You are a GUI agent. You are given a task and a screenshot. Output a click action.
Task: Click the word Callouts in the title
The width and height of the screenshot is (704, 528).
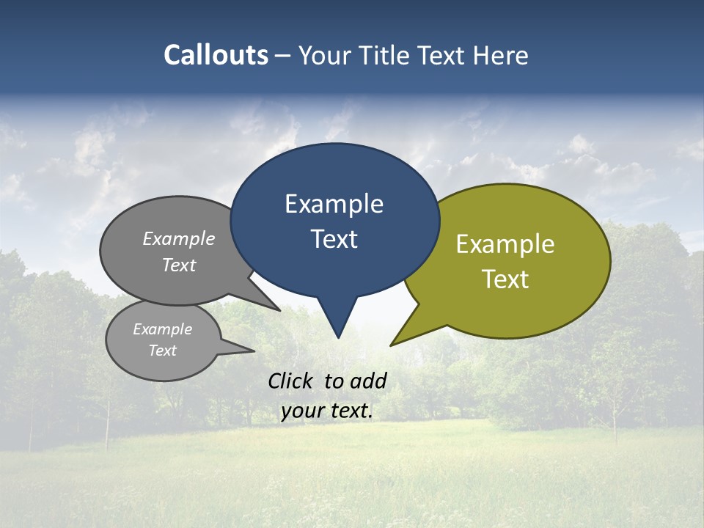(216, 55)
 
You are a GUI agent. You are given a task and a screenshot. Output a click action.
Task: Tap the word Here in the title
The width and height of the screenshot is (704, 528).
(501, 55)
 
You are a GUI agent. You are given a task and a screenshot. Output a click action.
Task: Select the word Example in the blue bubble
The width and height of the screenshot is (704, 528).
(334, 204)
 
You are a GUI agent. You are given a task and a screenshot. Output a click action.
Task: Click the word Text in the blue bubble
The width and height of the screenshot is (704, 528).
(334, 239)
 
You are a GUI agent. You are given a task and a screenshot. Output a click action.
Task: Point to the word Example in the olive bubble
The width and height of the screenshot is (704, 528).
(505, 244)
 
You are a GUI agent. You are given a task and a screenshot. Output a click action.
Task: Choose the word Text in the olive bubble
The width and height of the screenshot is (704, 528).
(505, 279)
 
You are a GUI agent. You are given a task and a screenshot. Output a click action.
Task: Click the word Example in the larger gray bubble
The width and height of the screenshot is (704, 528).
(179, 238)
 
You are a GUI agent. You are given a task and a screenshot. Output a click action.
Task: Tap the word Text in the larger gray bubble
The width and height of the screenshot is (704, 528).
(179, 265)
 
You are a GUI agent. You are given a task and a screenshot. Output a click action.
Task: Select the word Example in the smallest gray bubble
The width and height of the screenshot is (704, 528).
(162, 329)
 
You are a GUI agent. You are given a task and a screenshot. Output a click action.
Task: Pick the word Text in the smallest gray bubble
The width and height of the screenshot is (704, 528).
(162, 351)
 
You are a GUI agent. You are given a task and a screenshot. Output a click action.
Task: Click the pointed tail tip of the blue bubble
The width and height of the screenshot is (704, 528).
(338, 337)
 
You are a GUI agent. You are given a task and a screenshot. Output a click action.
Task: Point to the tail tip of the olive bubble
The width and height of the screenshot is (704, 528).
(391, 345)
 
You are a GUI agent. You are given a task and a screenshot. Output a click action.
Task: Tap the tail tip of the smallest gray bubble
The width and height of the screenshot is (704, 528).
(254, 351)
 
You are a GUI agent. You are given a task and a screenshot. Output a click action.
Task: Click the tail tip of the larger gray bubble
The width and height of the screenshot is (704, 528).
(279, 311)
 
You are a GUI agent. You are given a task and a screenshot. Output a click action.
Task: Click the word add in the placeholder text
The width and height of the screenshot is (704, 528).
(369, 381)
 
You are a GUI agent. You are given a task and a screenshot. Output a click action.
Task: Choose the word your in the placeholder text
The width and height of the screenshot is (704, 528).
(303, 411)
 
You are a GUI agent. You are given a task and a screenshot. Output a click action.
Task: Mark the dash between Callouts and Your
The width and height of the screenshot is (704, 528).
(283, 56)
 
